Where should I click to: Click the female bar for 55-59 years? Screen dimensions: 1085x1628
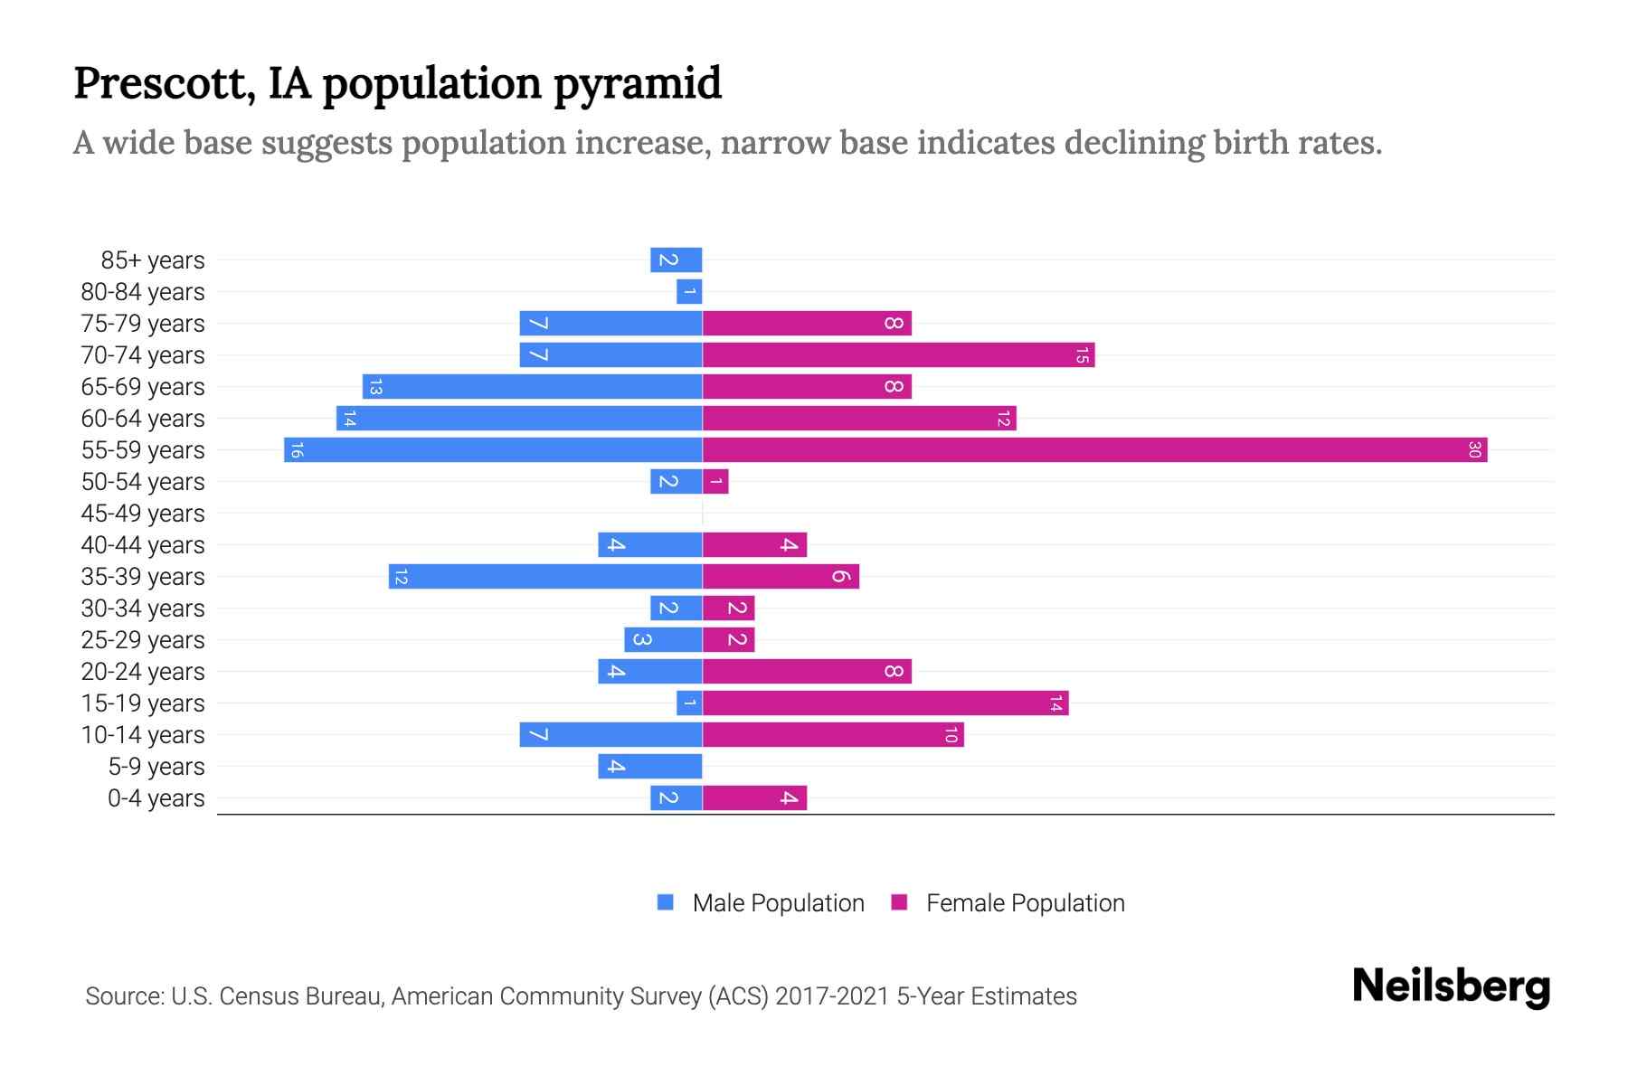coord(1094,449)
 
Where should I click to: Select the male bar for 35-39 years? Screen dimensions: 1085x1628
coord(545,576)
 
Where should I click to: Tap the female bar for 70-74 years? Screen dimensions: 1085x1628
coord(898,354)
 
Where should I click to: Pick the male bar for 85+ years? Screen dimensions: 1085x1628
coord(676,259)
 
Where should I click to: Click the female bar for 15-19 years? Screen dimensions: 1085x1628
coord(885,703)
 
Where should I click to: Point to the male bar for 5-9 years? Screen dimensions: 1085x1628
coord(649,766)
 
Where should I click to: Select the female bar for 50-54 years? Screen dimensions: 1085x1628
coord(715,481)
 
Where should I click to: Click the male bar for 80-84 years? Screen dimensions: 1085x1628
coord(689,291)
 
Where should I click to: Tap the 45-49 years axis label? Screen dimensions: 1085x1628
coord(143,513)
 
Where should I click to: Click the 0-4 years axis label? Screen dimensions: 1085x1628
coord(156,797)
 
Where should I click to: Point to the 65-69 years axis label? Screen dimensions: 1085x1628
coord(143,386)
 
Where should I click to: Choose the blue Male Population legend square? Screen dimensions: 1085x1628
coord(666,902)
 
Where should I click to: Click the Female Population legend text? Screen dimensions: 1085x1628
coord(1025,902)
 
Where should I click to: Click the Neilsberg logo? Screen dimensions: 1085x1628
coord(1451,986)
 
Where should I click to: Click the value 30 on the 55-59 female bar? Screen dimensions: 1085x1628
coord(1473,449)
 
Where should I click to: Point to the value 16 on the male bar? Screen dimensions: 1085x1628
coord(297,449)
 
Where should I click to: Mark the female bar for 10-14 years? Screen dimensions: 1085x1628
coord(833,734)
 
